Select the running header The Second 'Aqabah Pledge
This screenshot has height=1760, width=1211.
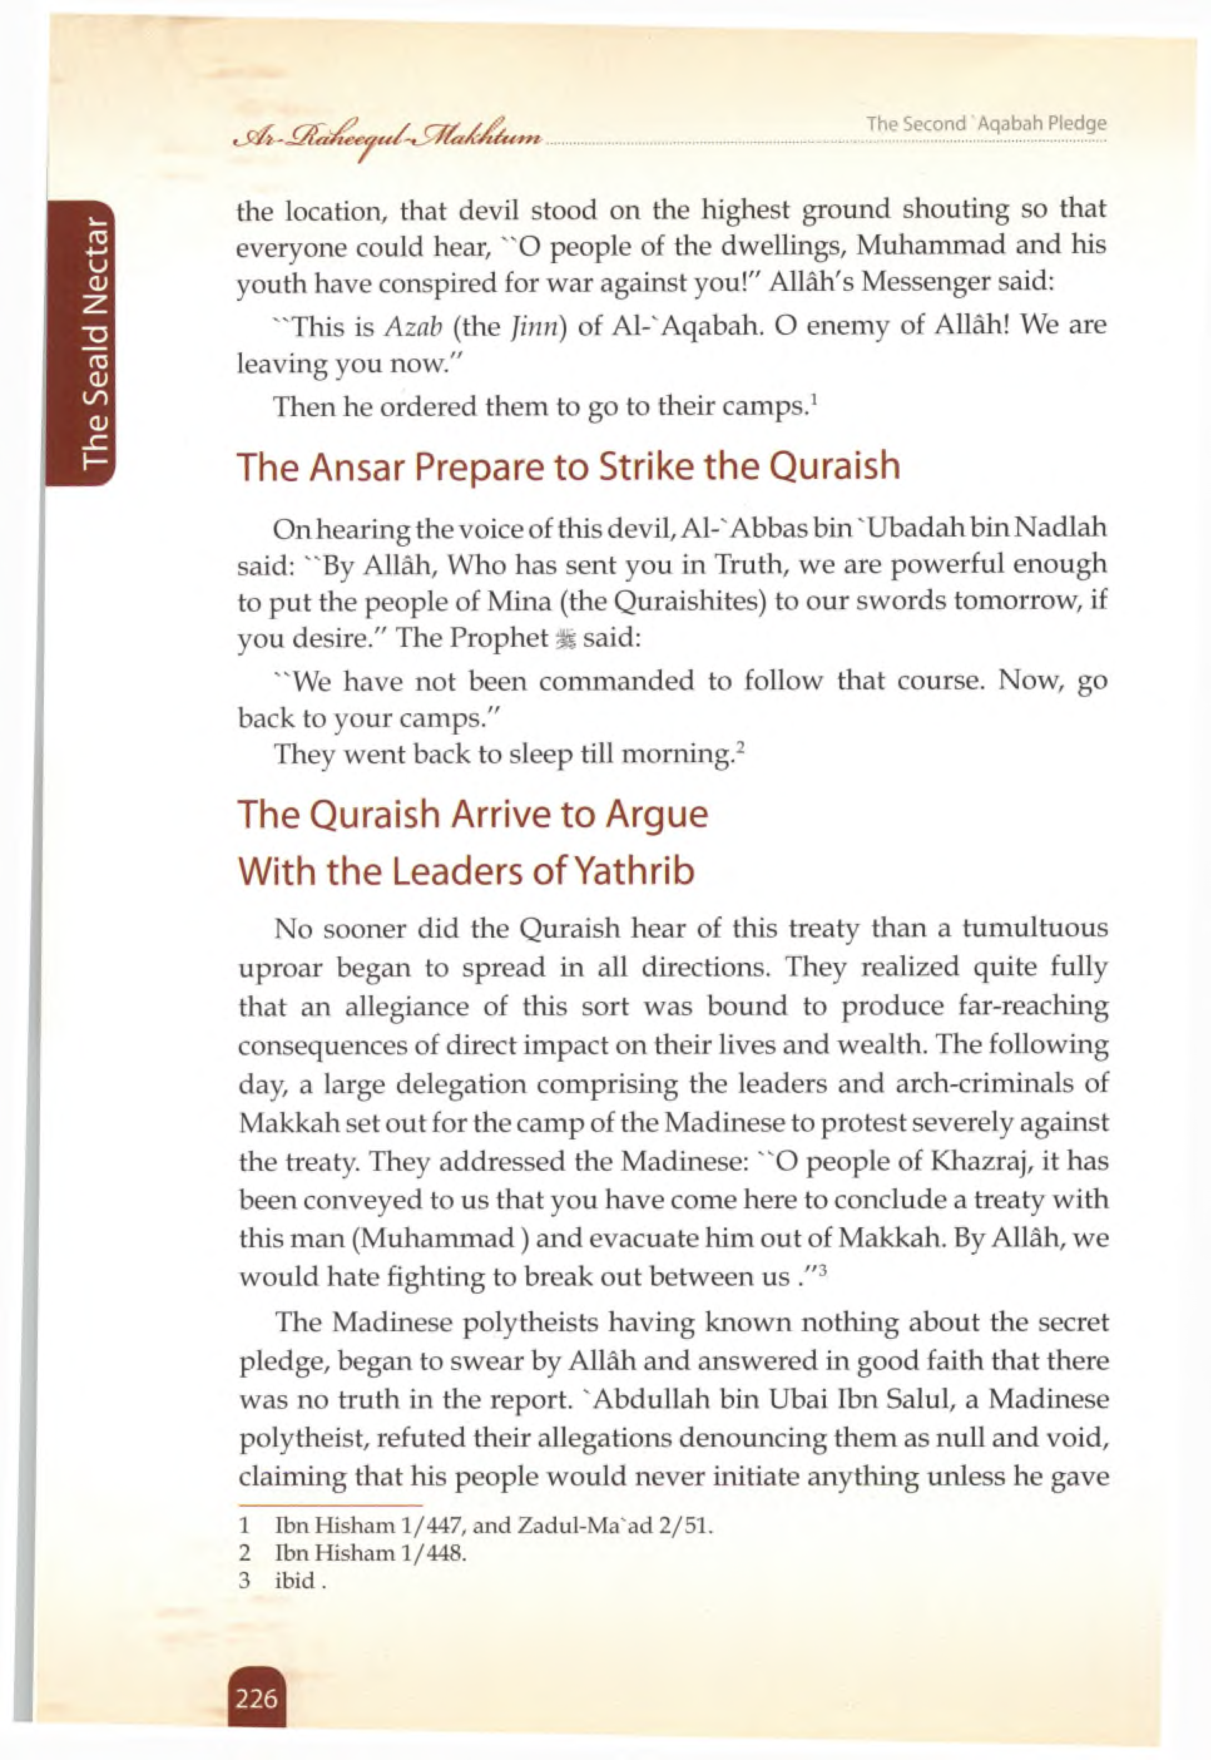point(985,123)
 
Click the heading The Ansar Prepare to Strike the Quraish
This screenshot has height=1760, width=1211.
point(568,466)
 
